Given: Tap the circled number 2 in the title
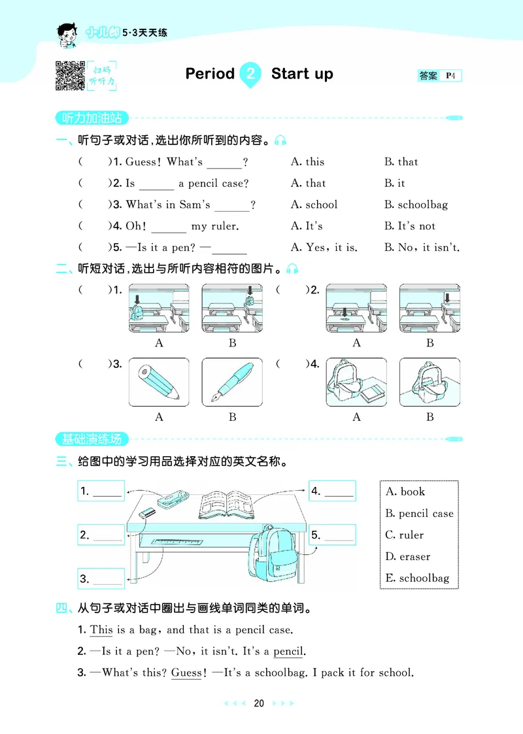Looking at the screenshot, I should tap(250, 74).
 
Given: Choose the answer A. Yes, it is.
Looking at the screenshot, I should tap(324, 248).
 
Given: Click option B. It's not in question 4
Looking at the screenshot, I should tap(409, 226).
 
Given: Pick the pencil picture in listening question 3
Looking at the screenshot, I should tap(159, 382).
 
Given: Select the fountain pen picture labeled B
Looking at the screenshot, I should tap(232, 382).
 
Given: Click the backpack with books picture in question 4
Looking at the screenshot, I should tap(356, 382).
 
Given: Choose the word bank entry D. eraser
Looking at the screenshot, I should tap(408, 557).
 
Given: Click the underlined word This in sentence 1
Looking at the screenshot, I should tap(101, 630).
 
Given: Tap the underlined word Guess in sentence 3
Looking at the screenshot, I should tap(186, 673).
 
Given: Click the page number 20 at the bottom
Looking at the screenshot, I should tap(259, 703).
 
